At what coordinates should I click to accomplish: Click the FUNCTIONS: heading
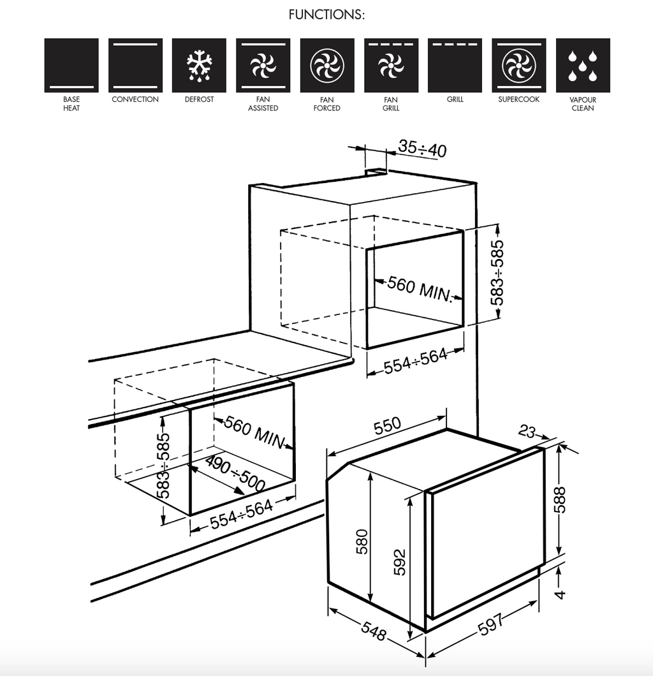click(x=326, y=15)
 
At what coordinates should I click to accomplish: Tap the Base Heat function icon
click(x=71, y=65)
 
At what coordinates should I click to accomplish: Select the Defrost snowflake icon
click(x=199, y=65)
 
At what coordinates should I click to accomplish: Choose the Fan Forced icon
click(x=327, y=65)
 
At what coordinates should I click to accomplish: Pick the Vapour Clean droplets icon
click(x=583, y=65)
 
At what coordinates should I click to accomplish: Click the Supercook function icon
click(x=519, y=65)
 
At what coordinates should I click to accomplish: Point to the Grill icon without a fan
click(x=455, y=65)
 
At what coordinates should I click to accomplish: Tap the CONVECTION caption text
click(x=135, y=99)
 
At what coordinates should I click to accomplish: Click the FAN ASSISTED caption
click(x=263, y=103)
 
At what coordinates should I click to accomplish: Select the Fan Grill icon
click(x=391, y=65)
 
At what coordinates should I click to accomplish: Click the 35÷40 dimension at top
click(x=422, y=149)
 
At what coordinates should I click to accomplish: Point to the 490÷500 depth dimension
click(x=235, y=474)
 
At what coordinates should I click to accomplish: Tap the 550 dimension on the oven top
click(x=387, y=425)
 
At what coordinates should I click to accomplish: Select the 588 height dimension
click(x=560, y=500)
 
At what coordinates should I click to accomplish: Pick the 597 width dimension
click(x=491, y=624)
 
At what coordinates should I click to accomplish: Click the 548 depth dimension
click(x=373, y=631)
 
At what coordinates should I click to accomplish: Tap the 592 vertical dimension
click(x=400, y=562)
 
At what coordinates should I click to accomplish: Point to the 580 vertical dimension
click(x=362, y=541)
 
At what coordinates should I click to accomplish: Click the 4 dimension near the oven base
click(x=559, y=594)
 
